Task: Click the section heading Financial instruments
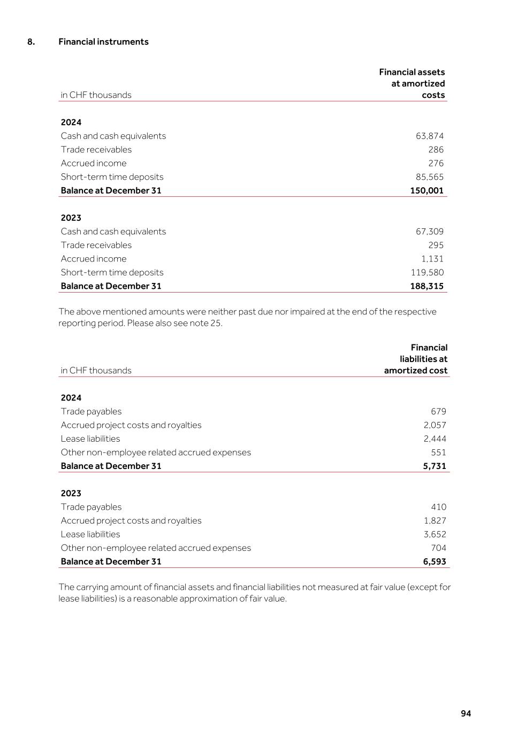click(103, 42)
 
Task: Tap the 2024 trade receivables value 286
click(436, 150)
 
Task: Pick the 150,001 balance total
click(426, 190)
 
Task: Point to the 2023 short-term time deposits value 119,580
click(427, 272)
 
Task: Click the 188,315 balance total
click(426, 286)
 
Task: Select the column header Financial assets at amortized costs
click(412, 83)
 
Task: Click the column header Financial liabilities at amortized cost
click(416, 359)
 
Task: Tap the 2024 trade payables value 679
click(438, 411)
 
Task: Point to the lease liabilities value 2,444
click(435, 439)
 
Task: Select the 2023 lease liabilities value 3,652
click(435, 534)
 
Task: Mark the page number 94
click(466, 713)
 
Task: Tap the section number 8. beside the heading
click(31, 42)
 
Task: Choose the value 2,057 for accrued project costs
click(435, 425)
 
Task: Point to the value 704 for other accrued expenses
click(438, 548)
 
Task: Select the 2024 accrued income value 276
click(436, 163)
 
